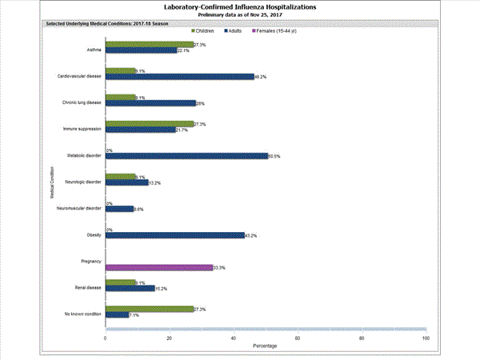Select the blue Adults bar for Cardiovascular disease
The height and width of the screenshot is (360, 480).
pos(179,77)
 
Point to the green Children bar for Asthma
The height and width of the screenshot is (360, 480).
pos(149,45)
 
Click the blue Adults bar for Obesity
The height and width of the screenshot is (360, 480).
pos(174,235)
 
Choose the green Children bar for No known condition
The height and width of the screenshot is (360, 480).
pos(149,308)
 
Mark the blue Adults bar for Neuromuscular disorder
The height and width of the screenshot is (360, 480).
pos(119,209)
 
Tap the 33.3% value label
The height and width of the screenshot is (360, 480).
pos(220,267)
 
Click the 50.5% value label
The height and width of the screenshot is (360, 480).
pos(274,156)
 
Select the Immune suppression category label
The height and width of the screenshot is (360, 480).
pos(82,127)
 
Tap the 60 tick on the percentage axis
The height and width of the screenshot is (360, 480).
pos(298,338)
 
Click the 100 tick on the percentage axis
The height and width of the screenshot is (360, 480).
pos(425,338)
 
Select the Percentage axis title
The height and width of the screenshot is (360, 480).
pos(265,346)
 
